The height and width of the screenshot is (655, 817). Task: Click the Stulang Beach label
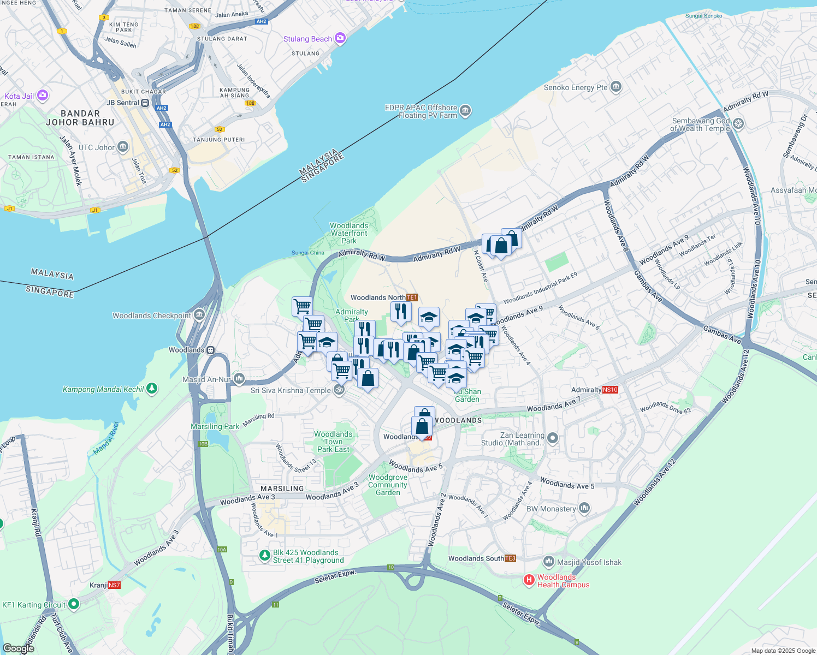tap(307, 39)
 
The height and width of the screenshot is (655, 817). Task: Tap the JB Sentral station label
tap(123, 103)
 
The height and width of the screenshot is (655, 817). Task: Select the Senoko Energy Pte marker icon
tap(616, 87)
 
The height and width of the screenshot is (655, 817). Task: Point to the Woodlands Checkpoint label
tap(152, 315)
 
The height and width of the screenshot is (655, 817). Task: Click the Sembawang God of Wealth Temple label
tap(701, 125)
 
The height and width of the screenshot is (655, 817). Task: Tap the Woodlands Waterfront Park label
tap(349, 233)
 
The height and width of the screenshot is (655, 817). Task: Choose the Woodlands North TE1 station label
tap(383, 297)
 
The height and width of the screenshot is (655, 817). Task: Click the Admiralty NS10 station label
tap(594, 390)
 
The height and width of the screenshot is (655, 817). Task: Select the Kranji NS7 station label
tap(105, 585)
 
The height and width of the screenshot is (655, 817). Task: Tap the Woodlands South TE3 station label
tap(482, 558)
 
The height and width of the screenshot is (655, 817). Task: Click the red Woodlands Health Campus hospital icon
tap(529, 580)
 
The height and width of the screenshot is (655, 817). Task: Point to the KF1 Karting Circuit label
tap(34, 605)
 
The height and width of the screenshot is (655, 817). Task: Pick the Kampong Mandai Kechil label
tap(103, 389)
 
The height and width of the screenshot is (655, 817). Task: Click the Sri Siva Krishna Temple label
tap(291, 390)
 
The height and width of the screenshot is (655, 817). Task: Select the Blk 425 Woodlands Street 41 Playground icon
tap(265, 556)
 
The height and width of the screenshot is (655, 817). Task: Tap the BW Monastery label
tap(551, 509)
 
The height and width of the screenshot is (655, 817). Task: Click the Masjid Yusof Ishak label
tap(589, 562)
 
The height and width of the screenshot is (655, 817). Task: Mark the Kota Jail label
tap(19, 96)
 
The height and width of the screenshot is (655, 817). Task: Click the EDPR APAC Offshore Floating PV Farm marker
tap(465, 111)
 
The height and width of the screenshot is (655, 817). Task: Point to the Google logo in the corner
tap(19, 648)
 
